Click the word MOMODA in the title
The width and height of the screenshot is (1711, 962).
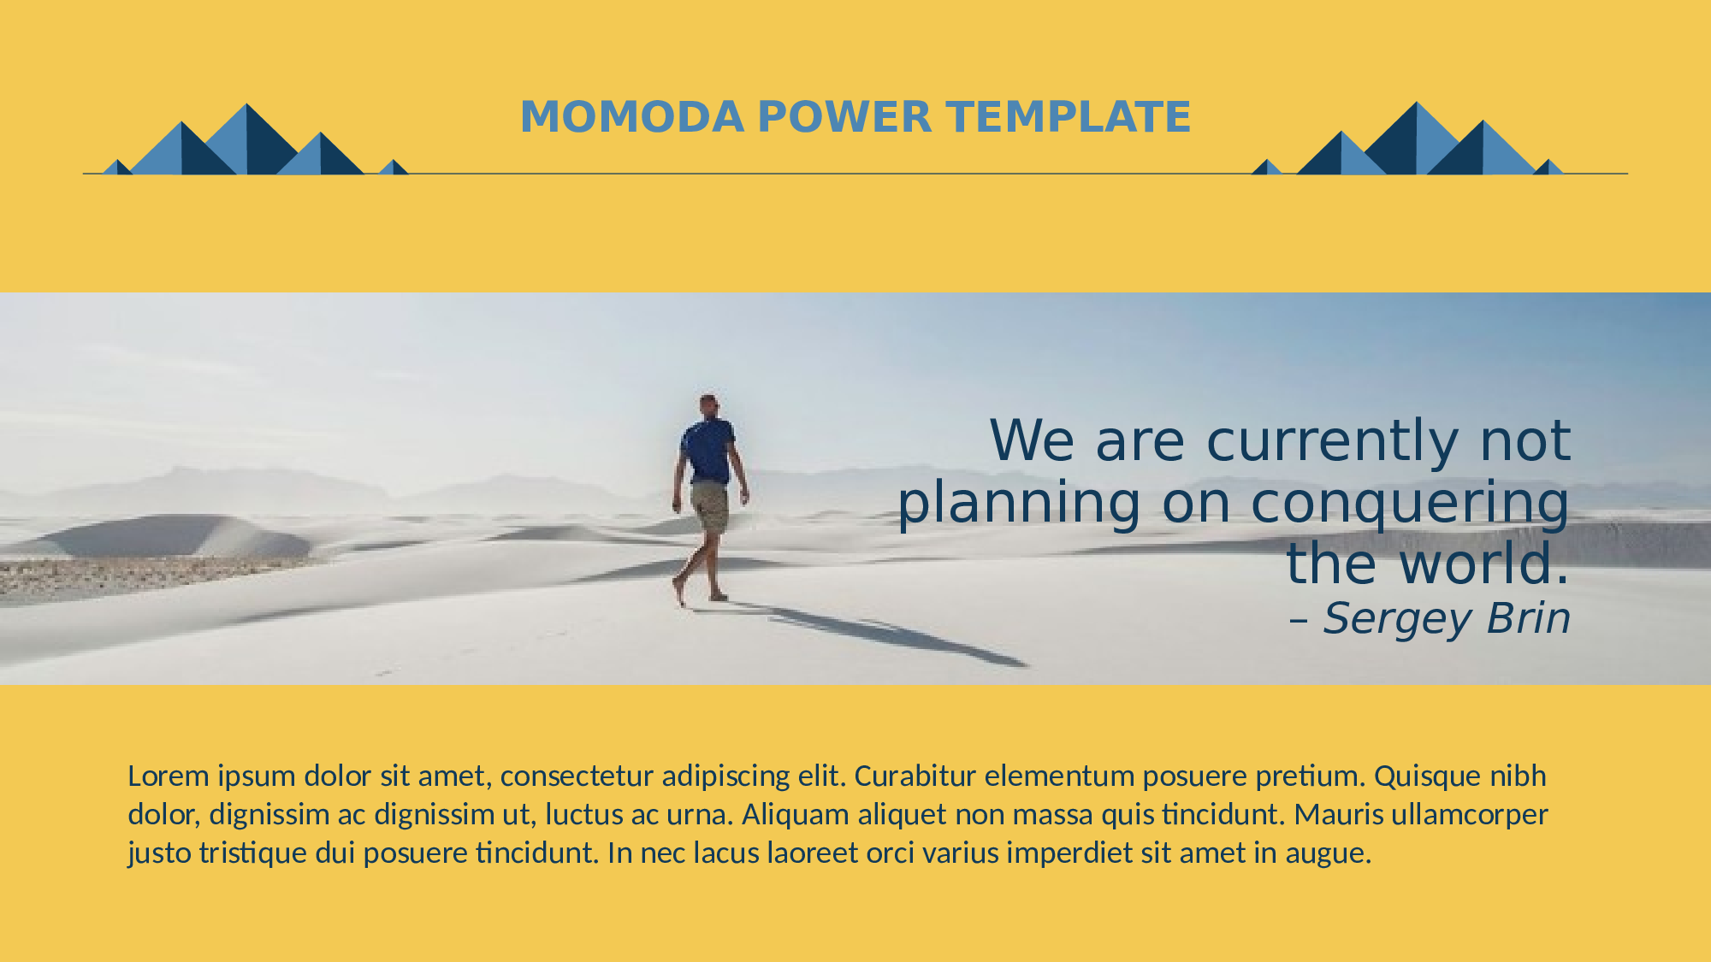click(632, 117)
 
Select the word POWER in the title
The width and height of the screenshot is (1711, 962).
click(844, 117)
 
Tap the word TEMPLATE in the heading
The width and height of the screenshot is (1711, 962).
click(1069, 117)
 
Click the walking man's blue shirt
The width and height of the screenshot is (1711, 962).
click(708, 451)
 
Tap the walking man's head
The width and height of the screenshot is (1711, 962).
click(708, 404)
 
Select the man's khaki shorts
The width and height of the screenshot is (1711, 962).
click(710, 507)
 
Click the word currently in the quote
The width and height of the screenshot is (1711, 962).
click(1332, 442)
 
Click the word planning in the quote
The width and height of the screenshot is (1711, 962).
click(1019, 504)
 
